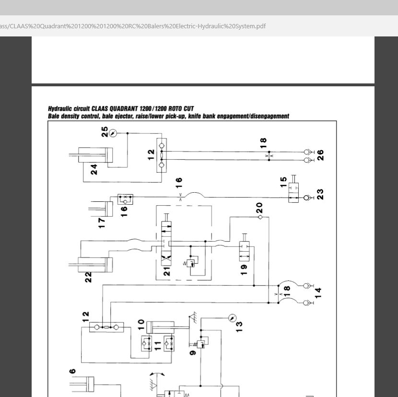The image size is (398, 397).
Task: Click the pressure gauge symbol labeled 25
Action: [113, 133]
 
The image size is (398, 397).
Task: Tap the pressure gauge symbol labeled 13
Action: [232, 318]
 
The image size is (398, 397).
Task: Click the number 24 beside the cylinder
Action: [94, 169]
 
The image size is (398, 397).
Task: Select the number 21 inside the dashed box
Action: [167, 271]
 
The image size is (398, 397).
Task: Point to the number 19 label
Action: [244, 270]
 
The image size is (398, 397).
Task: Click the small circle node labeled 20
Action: [260, 217]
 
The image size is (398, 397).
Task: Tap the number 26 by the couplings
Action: [320, 155]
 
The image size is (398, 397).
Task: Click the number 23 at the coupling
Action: [320, 195]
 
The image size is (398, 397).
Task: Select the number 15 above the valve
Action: [283, 182]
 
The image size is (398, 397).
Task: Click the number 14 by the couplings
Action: [318, 293]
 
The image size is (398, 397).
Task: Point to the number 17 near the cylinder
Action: [101, 223]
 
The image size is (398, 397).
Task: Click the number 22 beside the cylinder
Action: [88, 277]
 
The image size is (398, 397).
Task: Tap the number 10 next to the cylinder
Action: [141, 325]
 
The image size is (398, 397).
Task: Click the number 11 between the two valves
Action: [158, 346]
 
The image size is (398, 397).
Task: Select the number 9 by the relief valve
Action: [193, 352]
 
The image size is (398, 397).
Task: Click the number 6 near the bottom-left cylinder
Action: [72, 371]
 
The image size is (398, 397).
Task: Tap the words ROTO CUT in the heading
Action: [181, 109]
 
